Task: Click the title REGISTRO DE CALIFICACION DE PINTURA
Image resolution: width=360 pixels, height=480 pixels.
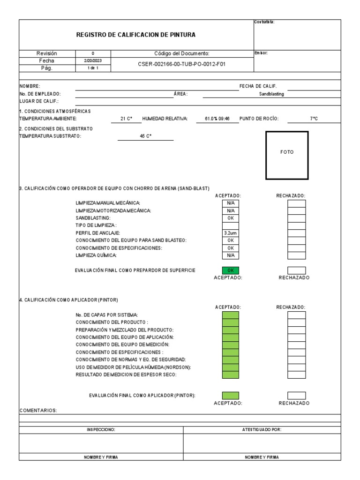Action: point(136,35)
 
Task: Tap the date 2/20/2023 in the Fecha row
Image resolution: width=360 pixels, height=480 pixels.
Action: point(91,61)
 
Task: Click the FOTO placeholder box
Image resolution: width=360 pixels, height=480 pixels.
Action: point(287,155)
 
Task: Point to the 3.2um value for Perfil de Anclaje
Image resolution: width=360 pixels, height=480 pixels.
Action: point(230,233)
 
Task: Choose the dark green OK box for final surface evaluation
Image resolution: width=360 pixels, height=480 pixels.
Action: point(230,270)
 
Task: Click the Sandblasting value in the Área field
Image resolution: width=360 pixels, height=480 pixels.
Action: point(271,94)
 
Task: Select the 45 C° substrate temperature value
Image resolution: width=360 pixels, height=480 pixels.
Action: point(146,136)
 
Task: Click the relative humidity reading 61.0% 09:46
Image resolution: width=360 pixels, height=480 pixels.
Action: point(217,119)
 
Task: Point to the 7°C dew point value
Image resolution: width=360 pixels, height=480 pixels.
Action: point(314,119)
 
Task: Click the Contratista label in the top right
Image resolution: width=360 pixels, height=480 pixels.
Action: point(264,22)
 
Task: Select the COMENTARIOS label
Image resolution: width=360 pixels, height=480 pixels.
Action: point(38,411)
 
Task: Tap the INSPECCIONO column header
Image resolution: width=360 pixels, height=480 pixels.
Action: point(101,430)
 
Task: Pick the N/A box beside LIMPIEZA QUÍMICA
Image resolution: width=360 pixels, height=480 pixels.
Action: point(230,255)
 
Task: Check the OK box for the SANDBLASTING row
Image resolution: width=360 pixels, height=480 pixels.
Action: point(230,218)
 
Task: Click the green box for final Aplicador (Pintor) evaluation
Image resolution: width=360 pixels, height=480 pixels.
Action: point(230,396)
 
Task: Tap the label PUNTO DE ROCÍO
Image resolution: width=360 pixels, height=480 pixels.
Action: point(259,119)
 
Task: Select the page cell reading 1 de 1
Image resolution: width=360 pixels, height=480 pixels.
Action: point(91,68)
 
